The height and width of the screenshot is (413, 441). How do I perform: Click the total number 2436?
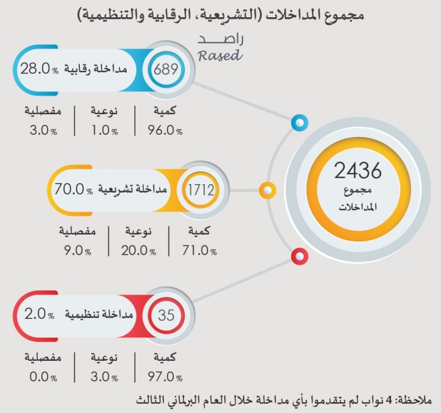(x=358, y=170)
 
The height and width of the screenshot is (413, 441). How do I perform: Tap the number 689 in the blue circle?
(x=166, y=71)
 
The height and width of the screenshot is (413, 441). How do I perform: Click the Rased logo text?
(x=220, y=49)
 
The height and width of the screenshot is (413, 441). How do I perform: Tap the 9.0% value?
(x=77, y=251)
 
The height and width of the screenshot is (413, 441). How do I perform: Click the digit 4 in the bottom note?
(x=391, y=399)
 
